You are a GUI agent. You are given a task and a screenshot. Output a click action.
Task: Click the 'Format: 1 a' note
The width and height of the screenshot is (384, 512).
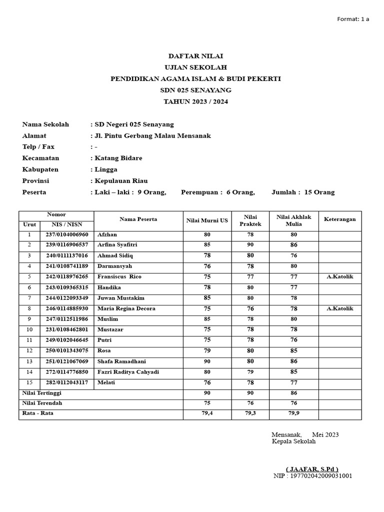[x=353, y=19]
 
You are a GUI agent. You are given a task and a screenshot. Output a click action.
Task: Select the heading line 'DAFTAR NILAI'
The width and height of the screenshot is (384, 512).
[x=195, y=56]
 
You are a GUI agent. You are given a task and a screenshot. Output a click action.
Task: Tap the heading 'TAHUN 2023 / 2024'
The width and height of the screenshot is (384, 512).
[x=195, y=101]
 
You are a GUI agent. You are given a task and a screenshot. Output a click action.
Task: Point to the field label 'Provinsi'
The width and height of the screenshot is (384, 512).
[x=36, y=181]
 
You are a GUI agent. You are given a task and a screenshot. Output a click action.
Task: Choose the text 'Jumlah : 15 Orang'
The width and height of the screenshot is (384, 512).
[x=303, y=192]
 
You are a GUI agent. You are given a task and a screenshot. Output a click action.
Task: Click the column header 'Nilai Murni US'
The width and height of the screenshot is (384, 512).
[x=207, y=220]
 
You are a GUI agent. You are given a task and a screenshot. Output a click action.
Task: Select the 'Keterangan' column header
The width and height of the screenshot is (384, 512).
[x=339, y=219]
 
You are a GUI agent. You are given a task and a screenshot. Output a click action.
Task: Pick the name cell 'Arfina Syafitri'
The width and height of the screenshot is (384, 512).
[x=117, y=245]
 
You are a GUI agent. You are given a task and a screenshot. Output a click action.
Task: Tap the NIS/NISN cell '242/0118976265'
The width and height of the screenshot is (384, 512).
[x=66, y=276]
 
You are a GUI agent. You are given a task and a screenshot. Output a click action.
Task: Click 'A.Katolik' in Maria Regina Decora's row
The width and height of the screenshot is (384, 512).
[x=339, y=308]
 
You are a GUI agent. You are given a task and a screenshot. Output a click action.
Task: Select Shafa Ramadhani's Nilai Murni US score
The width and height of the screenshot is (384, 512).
[x=207, y=361]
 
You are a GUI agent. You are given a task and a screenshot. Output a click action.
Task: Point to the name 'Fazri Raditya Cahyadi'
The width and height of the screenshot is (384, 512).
[x=128, y=372]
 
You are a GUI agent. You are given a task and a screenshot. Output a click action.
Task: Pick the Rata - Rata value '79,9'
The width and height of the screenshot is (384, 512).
[x=293, y=413]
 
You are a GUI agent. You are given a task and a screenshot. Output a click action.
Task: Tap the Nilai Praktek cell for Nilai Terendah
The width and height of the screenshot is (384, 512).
[x=250, y=403]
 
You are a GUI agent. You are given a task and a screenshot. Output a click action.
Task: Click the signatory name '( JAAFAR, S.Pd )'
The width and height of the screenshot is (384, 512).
[x=312, y=469]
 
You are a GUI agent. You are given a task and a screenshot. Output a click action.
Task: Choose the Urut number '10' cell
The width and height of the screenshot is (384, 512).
[x=29, y=329]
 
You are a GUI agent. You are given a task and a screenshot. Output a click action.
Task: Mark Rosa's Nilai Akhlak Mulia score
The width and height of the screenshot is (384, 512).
[x=293, y=351]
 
